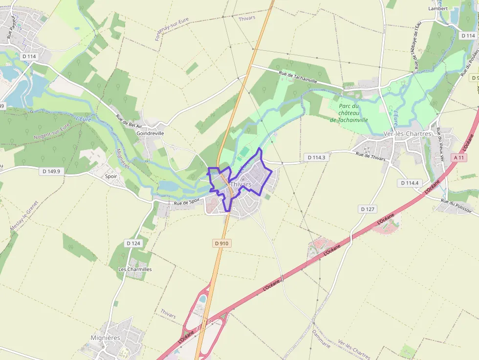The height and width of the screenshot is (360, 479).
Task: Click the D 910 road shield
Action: (221, 243)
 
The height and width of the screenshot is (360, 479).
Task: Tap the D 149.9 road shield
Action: (51, 171)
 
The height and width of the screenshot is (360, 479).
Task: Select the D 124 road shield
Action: (133, 243)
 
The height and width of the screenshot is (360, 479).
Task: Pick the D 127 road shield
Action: (368, 209)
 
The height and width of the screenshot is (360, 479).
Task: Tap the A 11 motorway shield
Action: (458, 157)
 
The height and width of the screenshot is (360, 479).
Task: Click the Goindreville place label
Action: (151, 133)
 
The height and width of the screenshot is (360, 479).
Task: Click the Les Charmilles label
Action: (135, 269)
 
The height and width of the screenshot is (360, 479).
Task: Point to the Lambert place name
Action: (438, 8)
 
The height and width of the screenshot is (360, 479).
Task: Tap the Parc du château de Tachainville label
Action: (349, 113)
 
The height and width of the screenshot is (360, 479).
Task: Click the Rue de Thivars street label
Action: (370, 156)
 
